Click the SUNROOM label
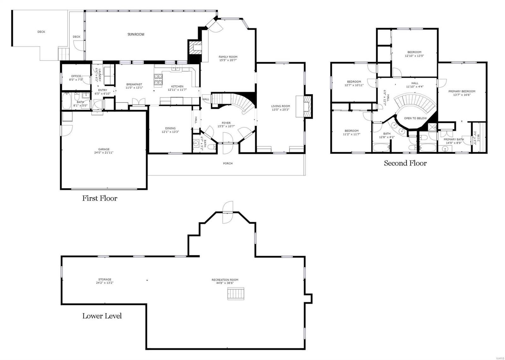(136, 34)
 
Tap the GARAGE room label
(104, 149)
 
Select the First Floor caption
(100, 198)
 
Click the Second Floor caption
(405, 163)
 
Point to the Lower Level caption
(102, 316)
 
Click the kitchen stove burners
(158, 80)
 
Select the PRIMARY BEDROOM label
(462, 91)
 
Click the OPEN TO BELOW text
(415, 118)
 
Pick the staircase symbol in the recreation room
(236, 293)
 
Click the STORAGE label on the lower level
(104, 279)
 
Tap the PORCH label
(228, 163)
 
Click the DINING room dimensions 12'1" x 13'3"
(170, 132)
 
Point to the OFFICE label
(76, 76)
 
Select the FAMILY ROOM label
(228, 57)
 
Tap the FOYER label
(226, 123)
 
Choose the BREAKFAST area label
(134, 84)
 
